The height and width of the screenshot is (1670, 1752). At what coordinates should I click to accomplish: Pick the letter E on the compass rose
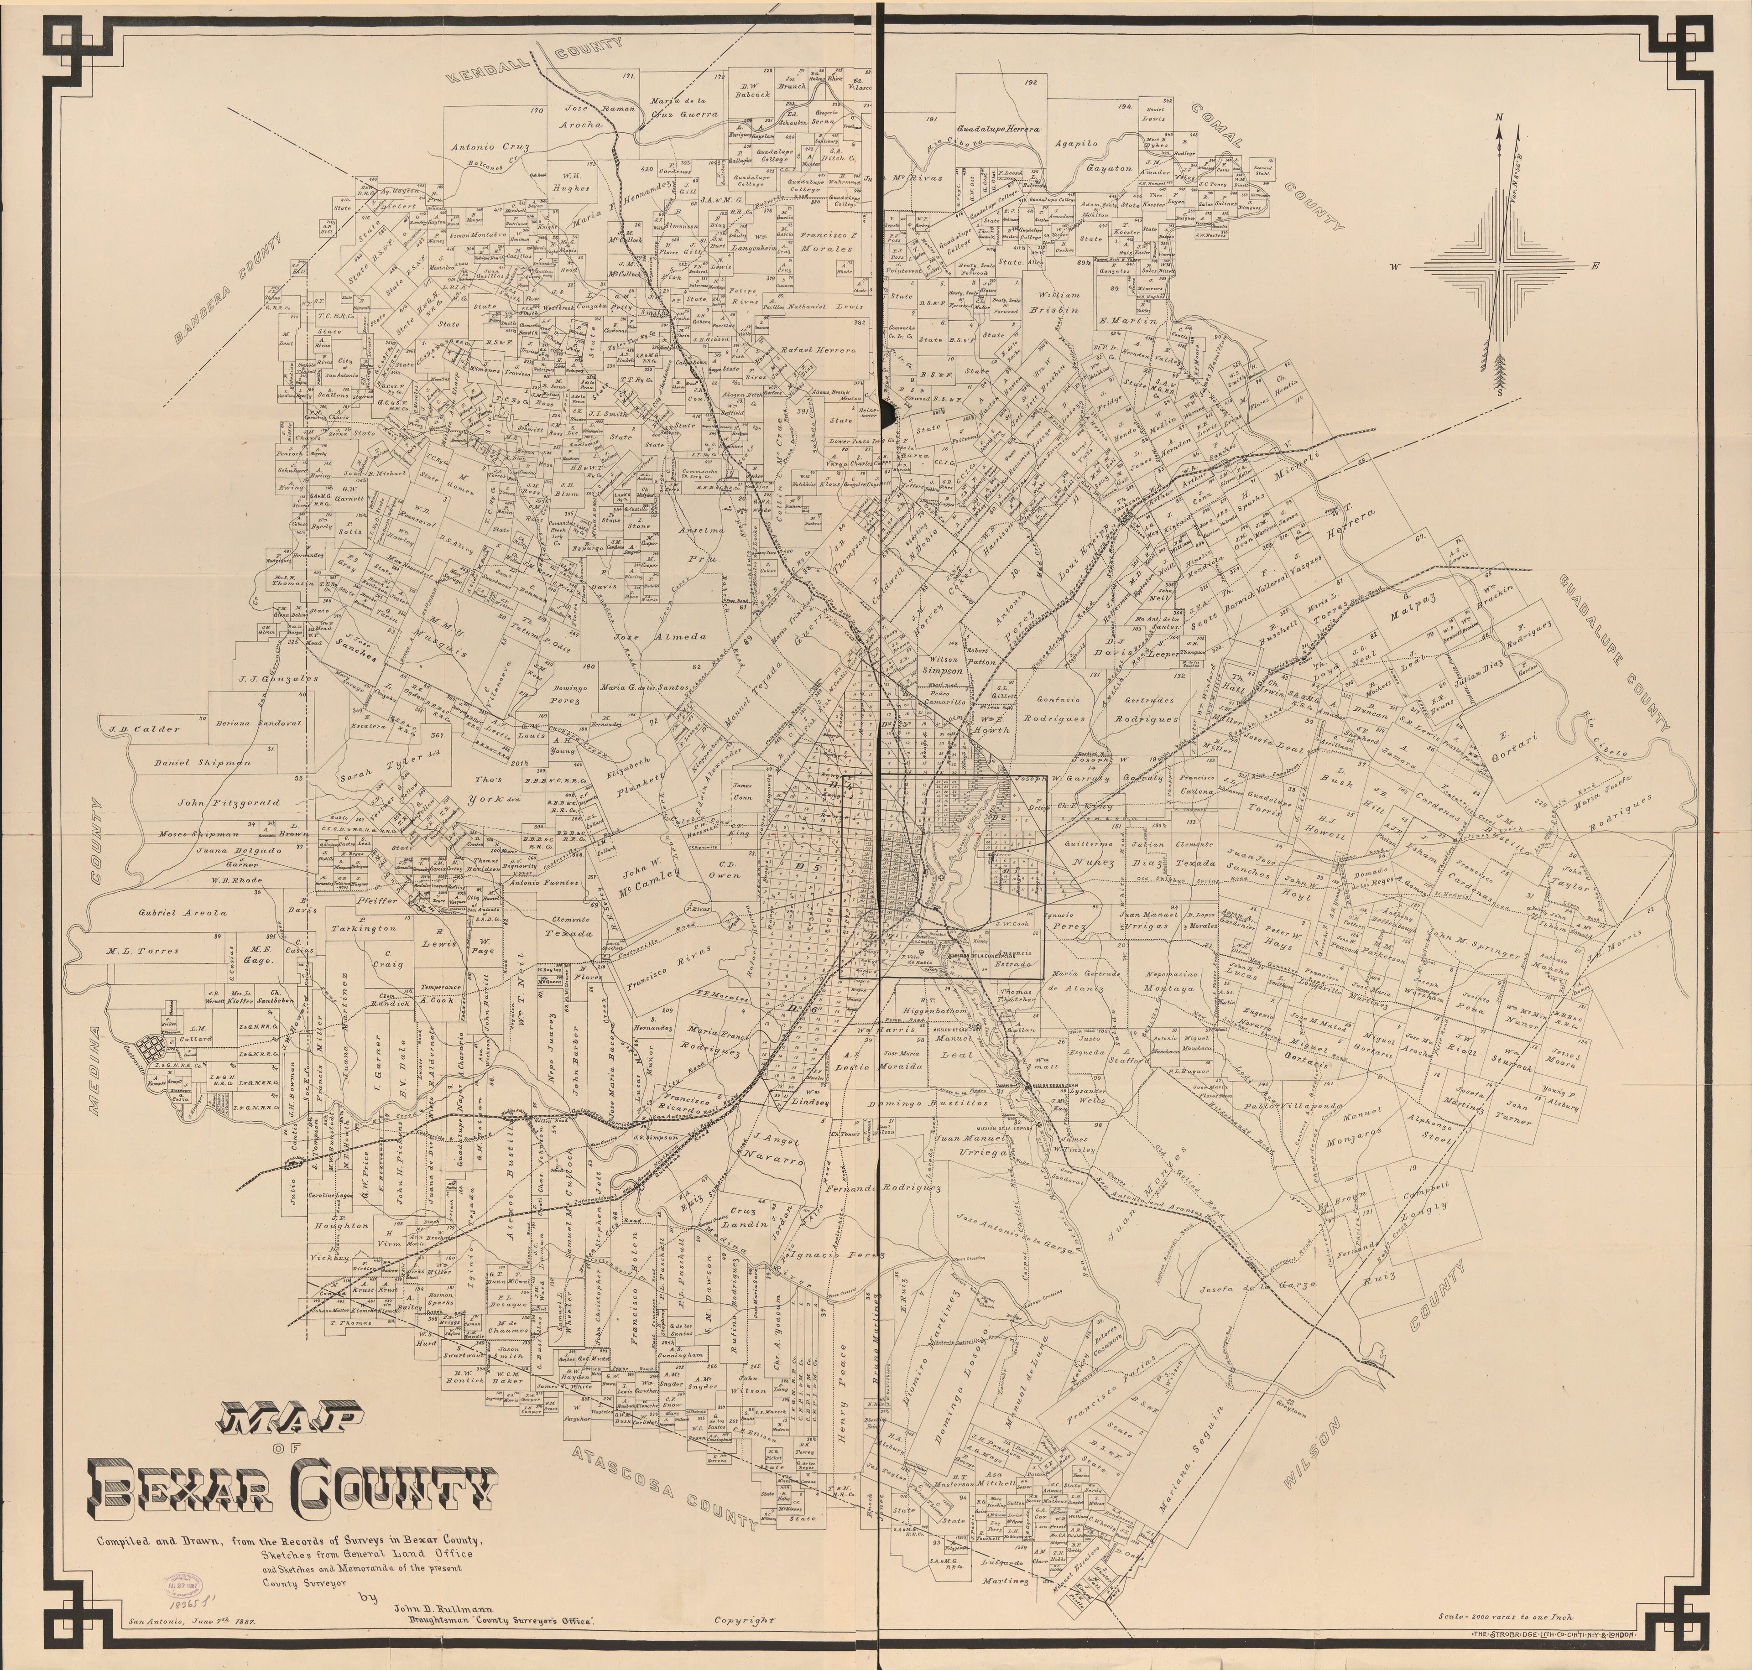(1596, 265)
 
